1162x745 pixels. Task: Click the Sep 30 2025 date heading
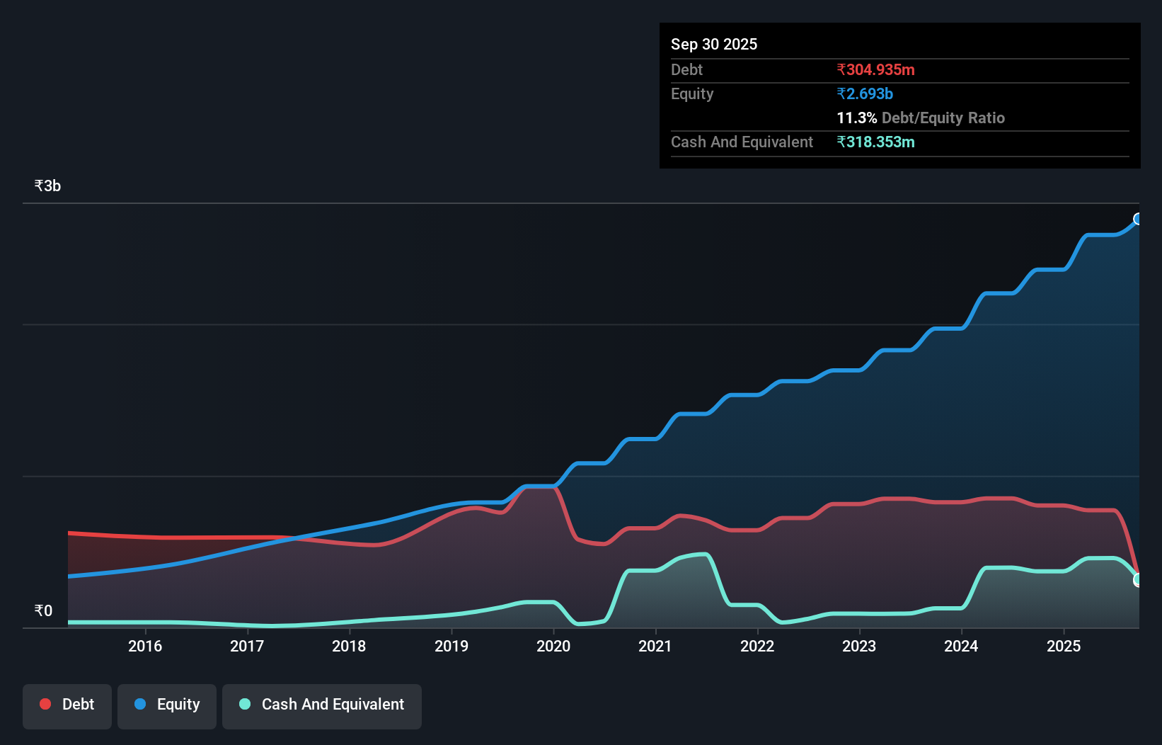pos(713,44)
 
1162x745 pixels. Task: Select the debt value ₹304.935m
pos(875,69)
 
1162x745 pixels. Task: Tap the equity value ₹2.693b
pos(864,93)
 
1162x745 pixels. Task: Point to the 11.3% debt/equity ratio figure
pos(856,118)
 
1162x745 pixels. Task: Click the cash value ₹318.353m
pos(875,142)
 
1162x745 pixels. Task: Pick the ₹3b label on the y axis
pos(47,186)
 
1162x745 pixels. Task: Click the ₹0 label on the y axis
pos(43,610)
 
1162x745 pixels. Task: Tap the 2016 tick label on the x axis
pos(145,646)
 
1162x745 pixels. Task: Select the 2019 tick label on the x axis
pos(451,646)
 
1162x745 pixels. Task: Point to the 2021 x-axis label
pos(655,646)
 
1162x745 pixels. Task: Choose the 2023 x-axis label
pos(858,646)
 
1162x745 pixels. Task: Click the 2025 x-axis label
pos(1063,646)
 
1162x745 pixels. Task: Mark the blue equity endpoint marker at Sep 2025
pos(1138,219)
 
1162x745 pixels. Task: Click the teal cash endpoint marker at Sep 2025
pos(1138,579)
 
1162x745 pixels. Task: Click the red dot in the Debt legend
pos(45,704)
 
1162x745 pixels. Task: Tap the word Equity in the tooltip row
pos(691,93)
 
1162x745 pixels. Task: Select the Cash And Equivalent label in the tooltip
pos(742,142)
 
